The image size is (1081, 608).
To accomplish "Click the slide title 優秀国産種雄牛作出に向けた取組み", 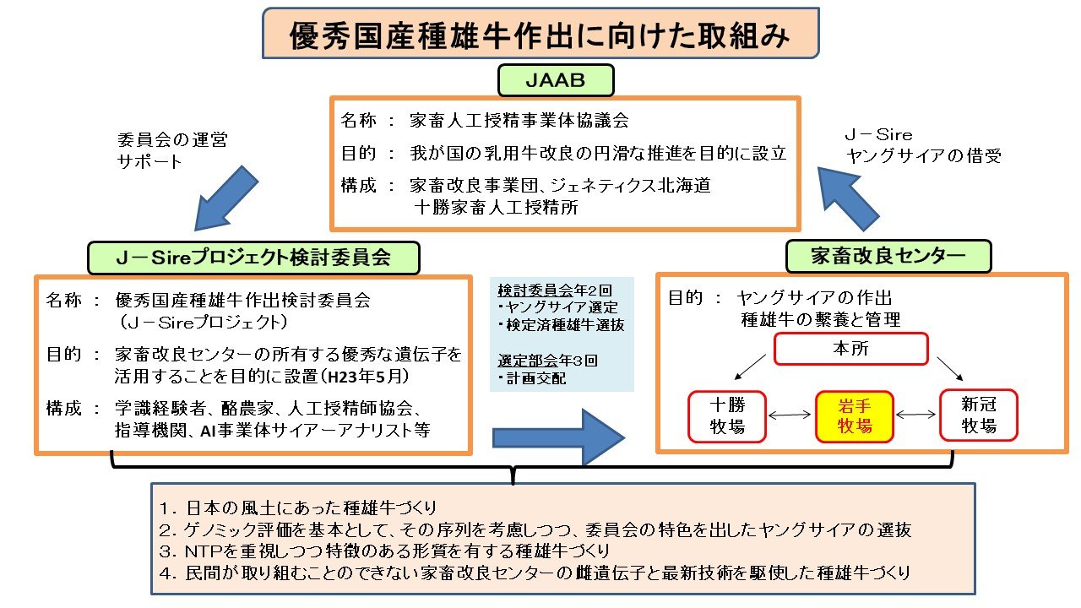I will pyautogui.click(x=540, y=35).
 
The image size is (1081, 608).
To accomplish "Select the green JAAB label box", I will pyautogui.click(x=555, y=81).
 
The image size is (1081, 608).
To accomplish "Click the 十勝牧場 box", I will pyautogui.click(x=727, y=416).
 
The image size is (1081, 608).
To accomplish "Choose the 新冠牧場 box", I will pyautogui.click(x=979, y=416).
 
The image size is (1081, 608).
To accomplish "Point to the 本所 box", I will pyautogui.click(x=851, y=348).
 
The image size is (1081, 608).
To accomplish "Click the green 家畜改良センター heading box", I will pyautogui.click(x=888, y=256).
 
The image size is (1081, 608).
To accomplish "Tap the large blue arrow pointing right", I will pyautogui.click(x=557, y=437).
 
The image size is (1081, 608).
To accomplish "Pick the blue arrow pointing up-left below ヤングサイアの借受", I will pyautogui.click(x=853, y=197).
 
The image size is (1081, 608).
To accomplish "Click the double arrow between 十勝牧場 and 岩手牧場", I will pyautogui.click(x=790, y=415).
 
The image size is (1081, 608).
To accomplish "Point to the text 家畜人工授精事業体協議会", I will pyautogui.click(x=519, y=121).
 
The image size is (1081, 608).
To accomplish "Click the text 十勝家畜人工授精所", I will pyautogui.click(x=497, y=207).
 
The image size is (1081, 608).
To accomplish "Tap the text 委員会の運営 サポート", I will pyautogui.click(x=172, y=150).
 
